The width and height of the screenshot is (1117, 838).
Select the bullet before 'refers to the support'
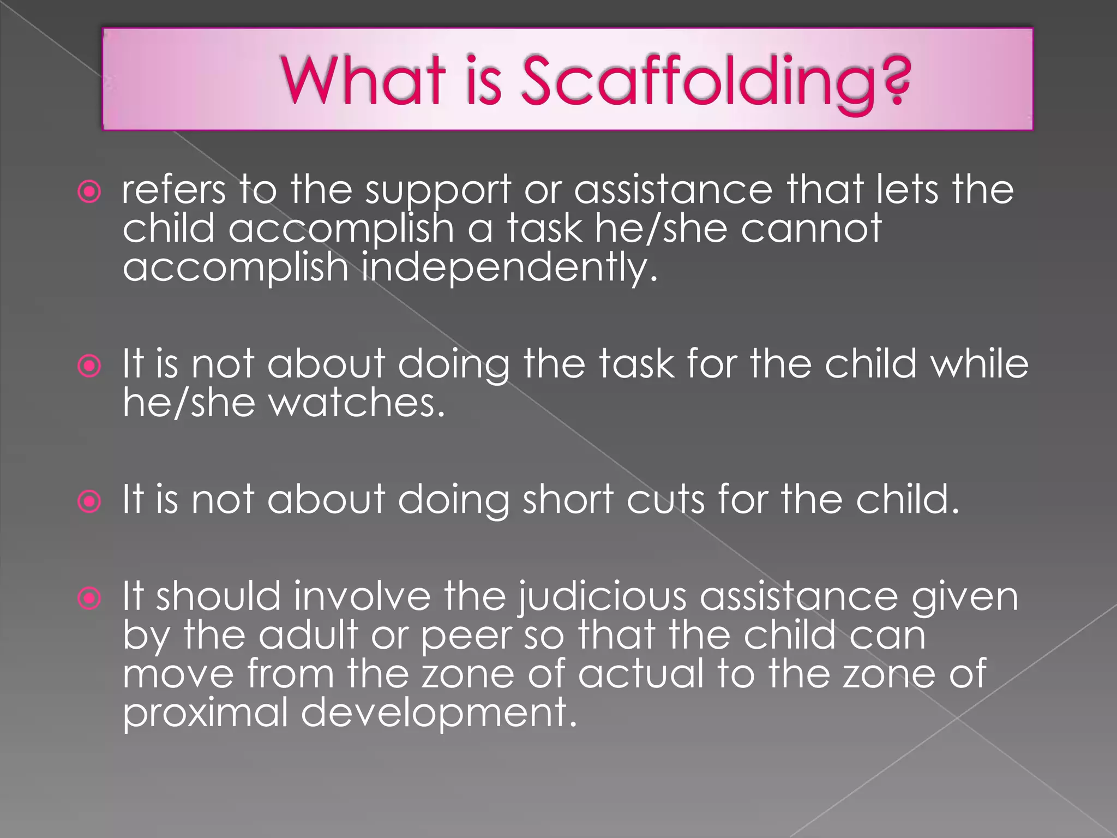(89, 191)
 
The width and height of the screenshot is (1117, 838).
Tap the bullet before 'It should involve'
(89, 598)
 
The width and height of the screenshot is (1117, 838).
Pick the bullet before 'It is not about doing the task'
(89, 366)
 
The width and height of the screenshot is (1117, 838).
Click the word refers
(173, 190)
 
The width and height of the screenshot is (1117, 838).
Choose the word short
(568, 499)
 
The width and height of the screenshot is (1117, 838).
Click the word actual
(641, 674)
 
